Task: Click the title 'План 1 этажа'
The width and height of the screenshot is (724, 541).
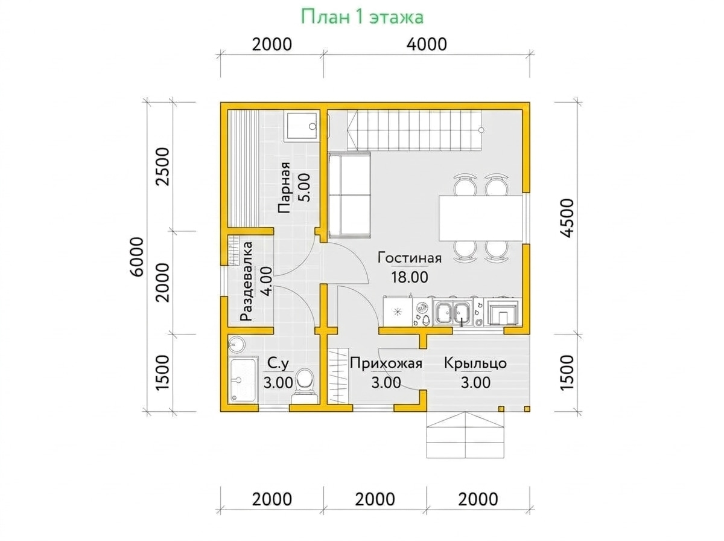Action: (x=362, y=17)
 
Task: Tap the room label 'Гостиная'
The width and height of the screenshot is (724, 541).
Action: (x=409, y=258)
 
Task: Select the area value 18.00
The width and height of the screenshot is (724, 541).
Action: (x=409, y=277)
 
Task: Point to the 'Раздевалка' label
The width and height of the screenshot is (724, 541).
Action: (x=246, y=281)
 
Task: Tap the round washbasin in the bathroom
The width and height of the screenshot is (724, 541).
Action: (x=237, y=344)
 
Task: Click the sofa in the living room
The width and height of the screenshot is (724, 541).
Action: (x=349, y=195)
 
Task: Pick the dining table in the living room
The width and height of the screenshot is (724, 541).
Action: (x=481, y=218)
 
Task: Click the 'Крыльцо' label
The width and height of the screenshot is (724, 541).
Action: (x=475, y=363)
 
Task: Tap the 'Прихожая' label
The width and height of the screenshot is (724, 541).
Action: (x=386, y=363)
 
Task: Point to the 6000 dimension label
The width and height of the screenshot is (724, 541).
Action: (x=136, y=256)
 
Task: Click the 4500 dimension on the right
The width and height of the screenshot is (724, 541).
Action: (x=567, y=218)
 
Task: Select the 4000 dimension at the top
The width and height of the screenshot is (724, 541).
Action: (x=427, y=44)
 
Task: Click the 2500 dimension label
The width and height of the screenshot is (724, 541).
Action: (x=163, y=167)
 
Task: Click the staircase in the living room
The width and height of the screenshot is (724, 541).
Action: (x=414, y=130)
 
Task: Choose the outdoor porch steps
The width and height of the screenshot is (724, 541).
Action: (x=465, y=435)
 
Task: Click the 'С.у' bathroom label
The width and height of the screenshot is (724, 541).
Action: (x=278, y=363)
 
